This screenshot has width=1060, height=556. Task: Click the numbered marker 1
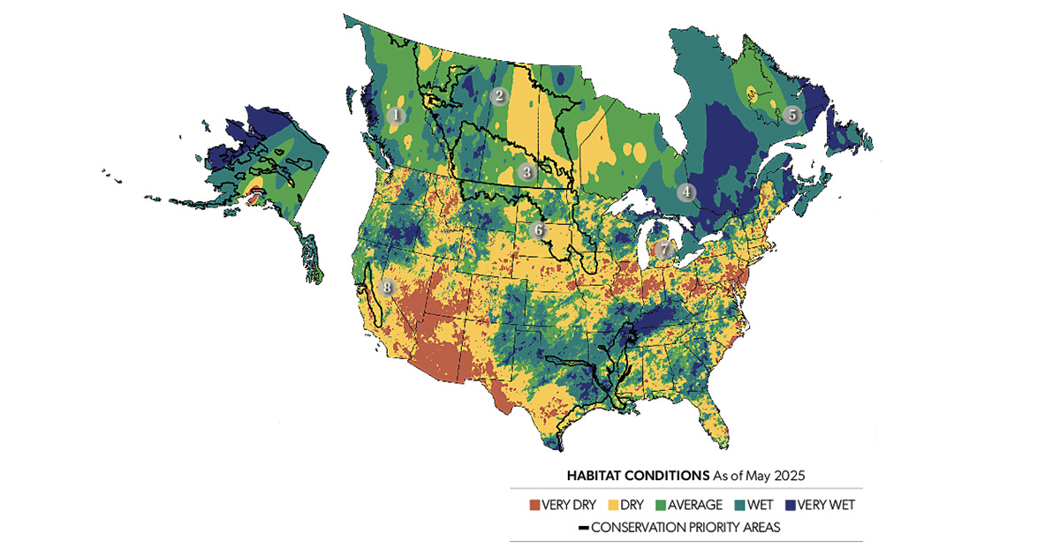pos(397,115)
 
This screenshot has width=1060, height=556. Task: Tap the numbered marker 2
pos(499,96)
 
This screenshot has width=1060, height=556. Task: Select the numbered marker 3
pos(526,172)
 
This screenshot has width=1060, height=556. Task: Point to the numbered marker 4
pos(686,192)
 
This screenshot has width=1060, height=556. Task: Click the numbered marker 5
pos(791,114)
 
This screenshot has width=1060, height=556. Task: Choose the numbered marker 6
pos(539,231)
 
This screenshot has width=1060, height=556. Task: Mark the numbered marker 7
pos(664,250)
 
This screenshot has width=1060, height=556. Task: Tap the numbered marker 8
pos(386,288)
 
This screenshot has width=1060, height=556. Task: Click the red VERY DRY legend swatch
pos(534,506)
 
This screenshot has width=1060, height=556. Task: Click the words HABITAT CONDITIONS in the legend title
pos(636,475)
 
